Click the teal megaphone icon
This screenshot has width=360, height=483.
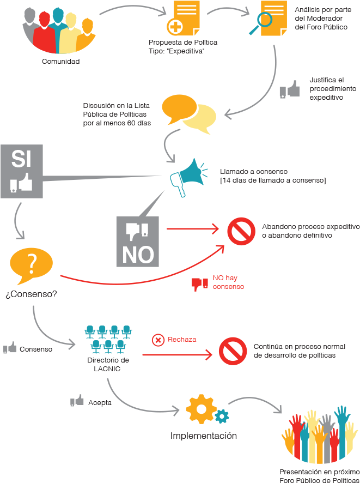point(188,177)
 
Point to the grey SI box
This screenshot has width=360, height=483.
point(22,171)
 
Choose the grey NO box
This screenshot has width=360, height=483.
point(138,241)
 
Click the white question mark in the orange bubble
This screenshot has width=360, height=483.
point(32,264)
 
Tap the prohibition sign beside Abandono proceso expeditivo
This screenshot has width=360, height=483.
point(241,231)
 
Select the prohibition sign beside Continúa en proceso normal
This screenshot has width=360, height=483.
point(233,351)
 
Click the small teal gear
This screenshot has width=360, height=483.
point(222,416)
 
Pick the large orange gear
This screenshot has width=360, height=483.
point(201,409)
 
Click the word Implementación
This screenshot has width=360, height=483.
point(204,436)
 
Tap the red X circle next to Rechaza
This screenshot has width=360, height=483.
point(158,340)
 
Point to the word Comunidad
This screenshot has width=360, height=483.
point(60,61)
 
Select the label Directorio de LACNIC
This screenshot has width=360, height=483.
point(108,364)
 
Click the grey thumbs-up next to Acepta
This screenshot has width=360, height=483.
point(77,401)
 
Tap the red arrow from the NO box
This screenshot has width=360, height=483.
point(193,229)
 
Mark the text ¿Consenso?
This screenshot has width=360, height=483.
point(31,294)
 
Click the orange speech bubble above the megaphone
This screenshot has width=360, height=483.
point(179,110)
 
